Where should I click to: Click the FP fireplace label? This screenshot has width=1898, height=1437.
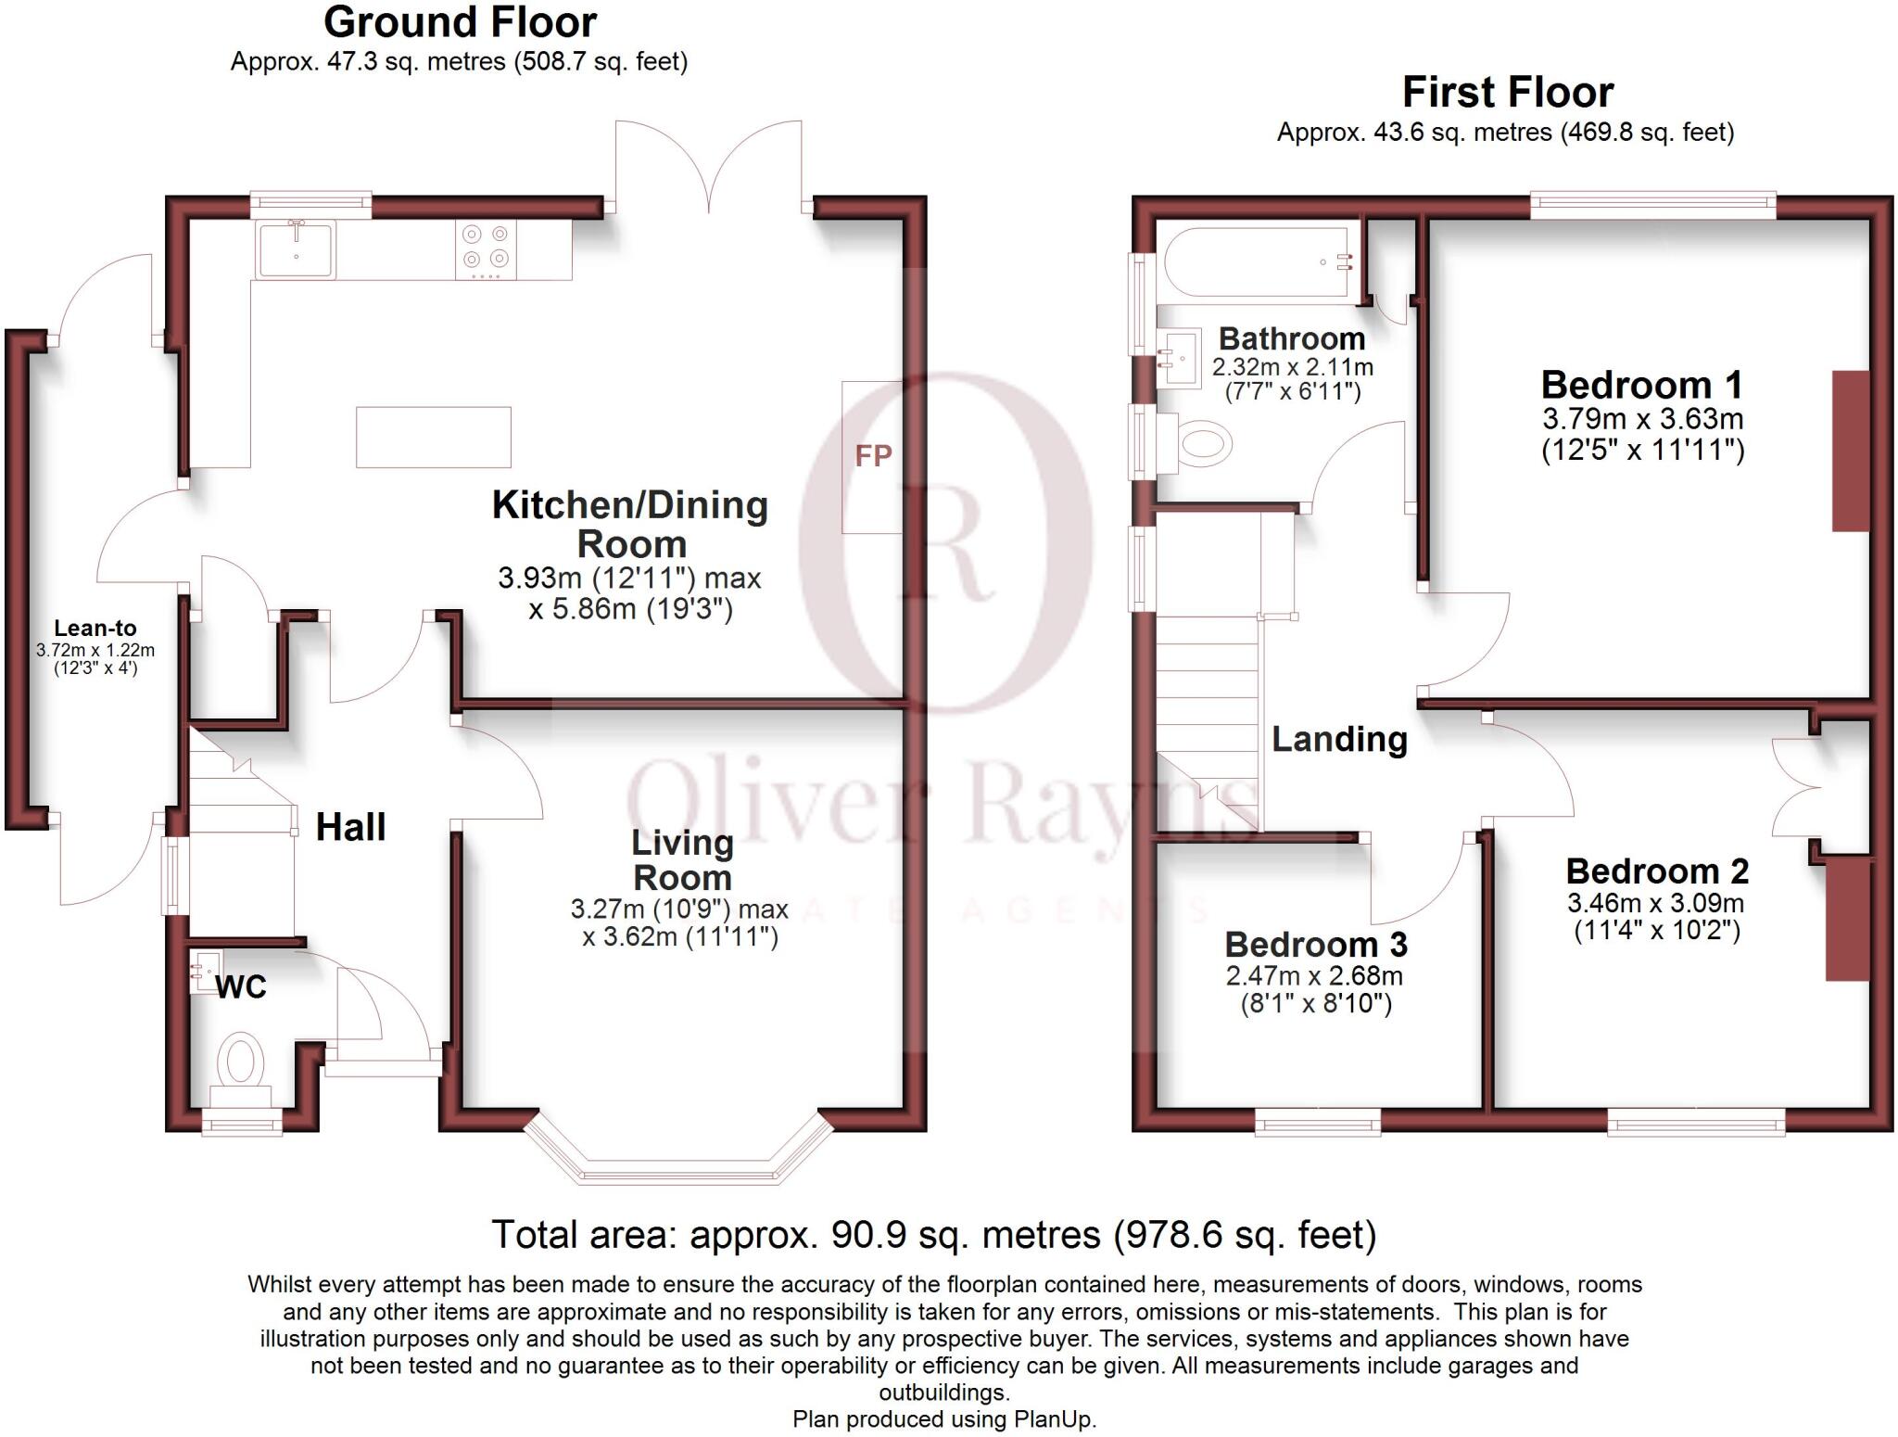tap(873, 455)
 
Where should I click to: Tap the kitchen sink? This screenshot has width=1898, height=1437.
tap(296, 249)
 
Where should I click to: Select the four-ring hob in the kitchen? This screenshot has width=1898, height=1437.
tap(487, 249)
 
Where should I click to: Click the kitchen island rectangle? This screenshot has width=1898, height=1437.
tap(434, 437)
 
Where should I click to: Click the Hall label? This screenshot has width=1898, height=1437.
tap(350, 827)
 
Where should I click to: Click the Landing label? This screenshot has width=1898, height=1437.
tap(1339, 739)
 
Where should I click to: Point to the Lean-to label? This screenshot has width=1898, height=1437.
tap(95, 628)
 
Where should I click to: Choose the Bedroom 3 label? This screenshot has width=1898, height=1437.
tap(1316, 944)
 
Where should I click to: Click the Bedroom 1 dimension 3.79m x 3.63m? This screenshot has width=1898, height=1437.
tap(1642, 418)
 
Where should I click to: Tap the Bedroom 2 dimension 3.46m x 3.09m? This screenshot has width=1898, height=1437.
tap(1656, 902)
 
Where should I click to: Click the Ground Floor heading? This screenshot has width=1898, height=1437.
tap(461, 21)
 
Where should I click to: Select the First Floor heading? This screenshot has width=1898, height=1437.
tap(1507, 92)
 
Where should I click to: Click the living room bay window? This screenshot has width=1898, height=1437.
tap(677, 1164)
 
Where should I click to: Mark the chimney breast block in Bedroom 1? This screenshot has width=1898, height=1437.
tap(1851, 451)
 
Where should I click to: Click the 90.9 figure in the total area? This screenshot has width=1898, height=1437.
tap(867, 1235)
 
